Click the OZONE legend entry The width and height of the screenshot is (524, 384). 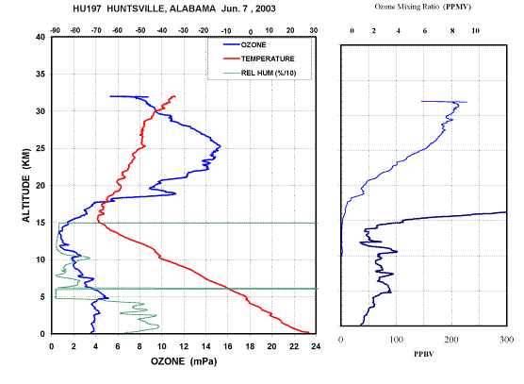pyautogui.click(x=244, y=45)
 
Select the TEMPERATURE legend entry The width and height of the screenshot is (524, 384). pyautogui.click(x=258, y=58)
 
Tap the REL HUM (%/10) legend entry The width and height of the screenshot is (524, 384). pyautogui.click(x=259, y=73)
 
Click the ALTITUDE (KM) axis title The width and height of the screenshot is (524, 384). pyautogui.click(x=26, y=185)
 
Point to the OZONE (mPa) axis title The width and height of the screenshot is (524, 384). pyautogui.click(x=184, y=361)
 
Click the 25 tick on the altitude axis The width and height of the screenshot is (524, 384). pyautogui.click(x=41, y=148)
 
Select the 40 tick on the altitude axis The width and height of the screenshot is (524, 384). pyautogui.click(x=41, y=37)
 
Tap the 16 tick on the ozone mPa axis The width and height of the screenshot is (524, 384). pyautogui.click(x=227, y=346)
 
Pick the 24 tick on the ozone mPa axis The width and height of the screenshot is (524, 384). pyautogui.click(x=316, y=346)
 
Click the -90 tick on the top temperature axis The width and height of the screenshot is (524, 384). pyautogui.click(x=56, y=30)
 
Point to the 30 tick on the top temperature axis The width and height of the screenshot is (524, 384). pyautogui.click(x=314, y=30)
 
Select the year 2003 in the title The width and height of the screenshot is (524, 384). pyautogui.click(x=266, y=8)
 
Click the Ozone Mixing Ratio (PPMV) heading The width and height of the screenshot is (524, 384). pyautogui.click(x=423, y=7)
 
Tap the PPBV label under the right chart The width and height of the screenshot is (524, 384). pyautogui.click(x=424, y=354)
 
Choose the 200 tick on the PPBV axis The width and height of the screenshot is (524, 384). pyautogui.click(x=451, y=340)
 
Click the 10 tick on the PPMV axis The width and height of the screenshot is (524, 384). pyautogui.click(x=475, y=31)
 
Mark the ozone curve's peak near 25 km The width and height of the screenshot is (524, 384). pyautogui.click(x=221, y=146)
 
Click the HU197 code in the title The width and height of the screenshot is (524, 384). pyautogui.click(x=87, y=8)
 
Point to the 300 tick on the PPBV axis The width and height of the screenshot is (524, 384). pyautogui.click(x=507, y=340)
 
